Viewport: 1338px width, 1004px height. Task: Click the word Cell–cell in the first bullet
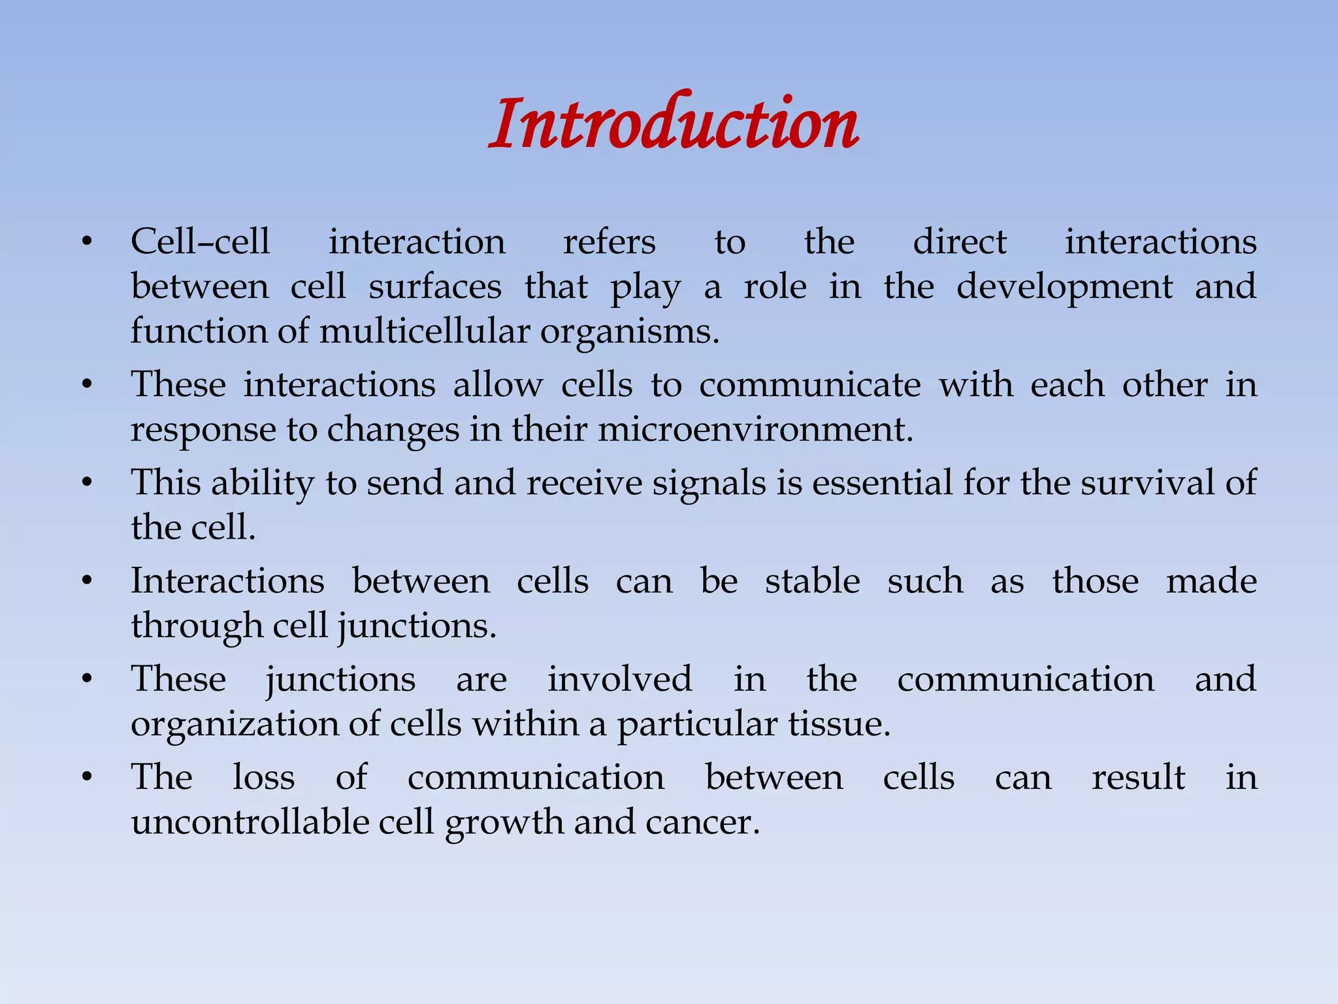coord(200,242)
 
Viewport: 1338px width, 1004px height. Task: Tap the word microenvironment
coord(755,430)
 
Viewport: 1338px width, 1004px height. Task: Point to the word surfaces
coord(435,287)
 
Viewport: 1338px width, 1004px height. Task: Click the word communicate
coord(809,385)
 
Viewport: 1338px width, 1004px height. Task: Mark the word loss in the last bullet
coord(264,777)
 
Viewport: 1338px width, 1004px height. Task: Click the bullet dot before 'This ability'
coord(87,483)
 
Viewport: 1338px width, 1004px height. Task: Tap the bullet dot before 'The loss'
coord(87,777)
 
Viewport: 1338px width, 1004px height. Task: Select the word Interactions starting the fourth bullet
coord(227,581)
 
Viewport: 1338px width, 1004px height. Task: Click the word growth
coord(503,823)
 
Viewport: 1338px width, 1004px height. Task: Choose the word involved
coord(619,679)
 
